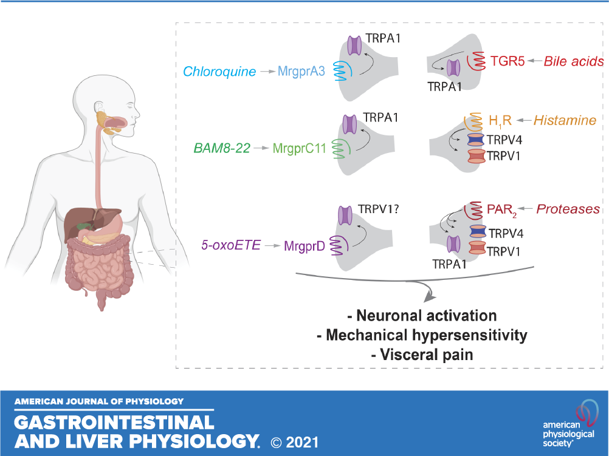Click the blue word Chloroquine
[x=227, y=72]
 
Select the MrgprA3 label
[x=301, y=72]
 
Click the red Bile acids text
[x=573, y=61]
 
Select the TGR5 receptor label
[x=507, y=61]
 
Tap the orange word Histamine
[x=565, y=121]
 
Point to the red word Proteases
[x=568, y=209]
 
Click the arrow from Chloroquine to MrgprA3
[x=267, y=72]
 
